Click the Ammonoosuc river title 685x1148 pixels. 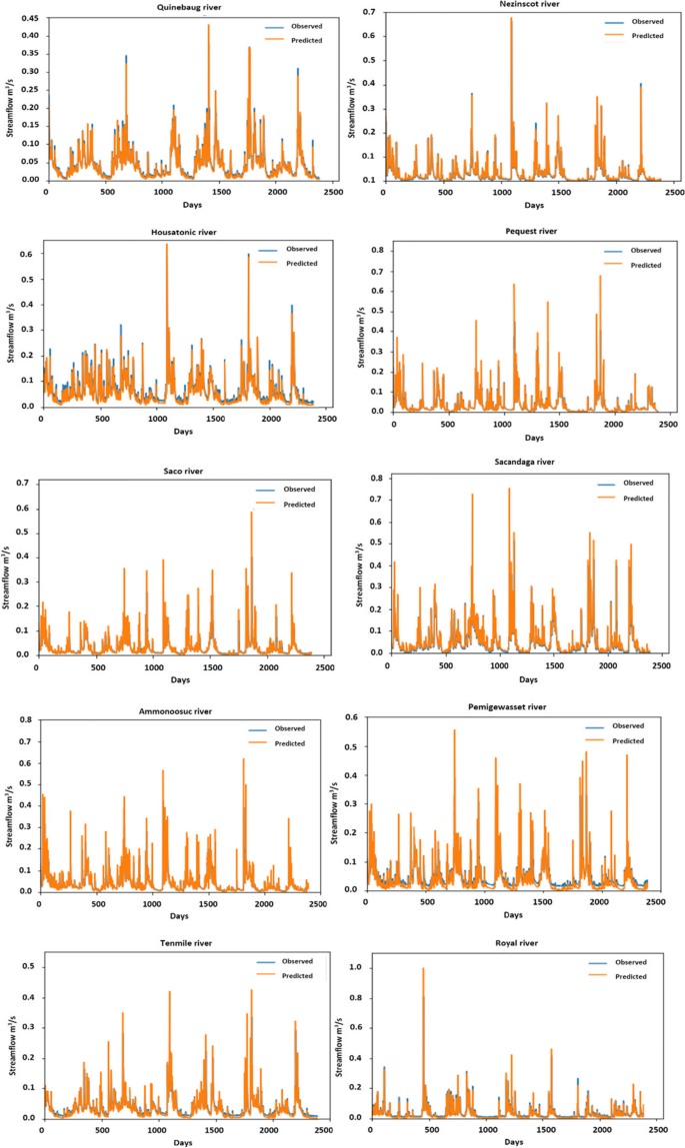(175, 710)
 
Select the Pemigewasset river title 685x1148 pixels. (509, 706)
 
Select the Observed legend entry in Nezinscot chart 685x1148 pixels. (640, 20)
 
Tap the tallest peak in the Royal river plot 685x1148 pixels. (423, 969)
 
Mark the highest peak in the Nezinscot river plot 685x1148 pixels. (511, 18)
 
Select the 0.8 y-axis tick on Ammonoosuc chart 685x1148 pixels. (24, 719)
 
